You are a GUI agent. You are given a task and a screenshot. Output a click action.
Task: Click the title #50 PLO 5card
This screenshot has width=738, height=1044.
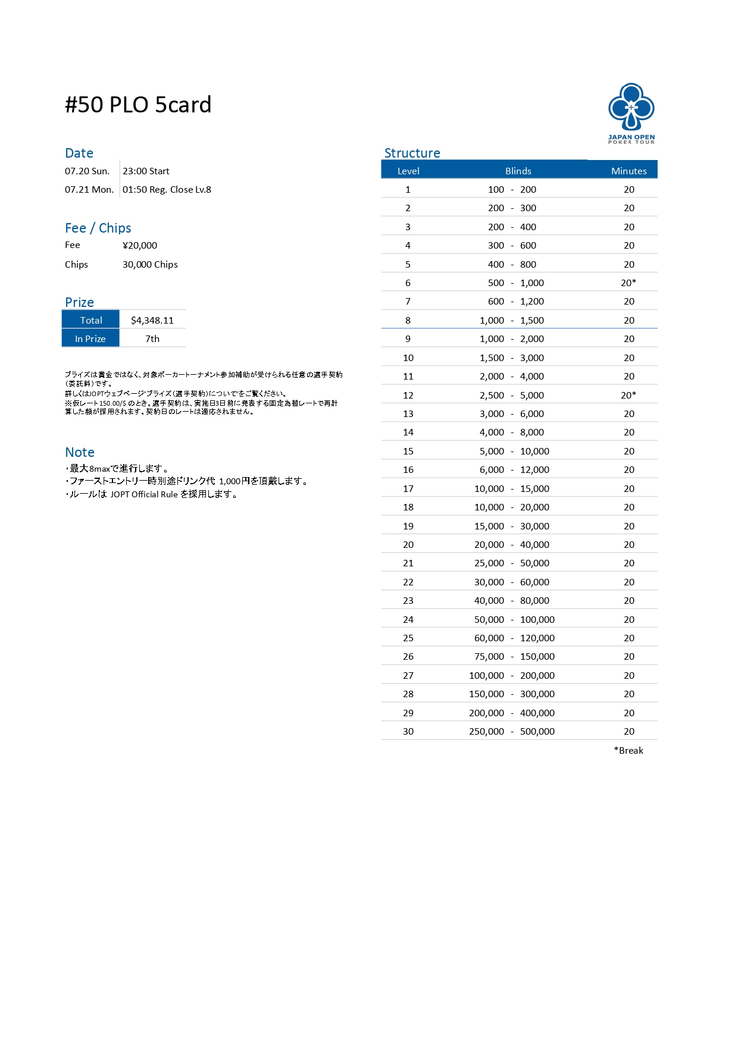(138, 105)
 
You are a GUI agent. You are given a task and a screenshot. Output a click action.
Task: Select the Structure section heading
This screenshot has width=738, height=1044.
(412, 153)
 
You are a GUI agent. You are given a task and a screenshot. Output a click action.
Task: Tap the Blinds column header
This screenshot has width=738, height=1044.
(518, 171)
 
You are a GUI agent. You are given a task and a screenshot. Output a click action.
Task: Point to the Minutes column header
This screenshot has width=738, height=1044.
(628, 171)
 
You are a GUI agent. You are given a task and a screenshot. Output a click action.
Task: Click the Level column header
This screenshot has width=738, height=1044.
(408, 171)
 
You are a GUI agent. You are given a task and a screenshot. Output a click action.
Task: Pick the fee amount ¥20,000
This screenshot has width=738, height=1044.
(140, 245)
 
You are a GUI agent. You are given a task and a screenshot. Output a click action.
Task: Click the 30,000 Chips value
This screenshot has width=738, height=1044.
(150, 264)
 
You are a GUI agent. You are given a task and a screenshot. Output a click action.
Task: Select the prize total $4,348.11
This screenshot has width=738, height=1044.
(152, 320)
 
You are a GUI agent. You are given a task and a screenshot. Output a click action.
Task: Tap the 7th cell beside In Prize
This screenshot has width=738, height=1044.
(152, 338)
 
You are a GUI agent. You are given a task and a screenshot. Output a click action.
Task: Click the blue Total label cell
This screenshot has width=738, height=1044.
(91, 320)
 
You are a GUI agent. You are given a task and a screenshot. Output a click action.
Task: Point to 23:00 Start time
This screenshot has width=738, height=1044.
(146, 171)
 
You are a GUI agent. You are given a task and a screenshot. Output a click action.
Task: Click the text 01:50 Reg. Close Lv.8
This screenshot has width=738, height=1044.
(167, 189)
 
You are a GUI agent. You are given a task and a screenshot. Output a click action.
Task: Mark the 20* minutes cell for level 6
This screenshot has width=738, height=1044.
(628, 283)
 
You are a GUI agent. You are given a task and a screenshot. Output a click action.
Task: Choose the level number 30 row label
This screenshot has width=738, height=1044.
(408, 731)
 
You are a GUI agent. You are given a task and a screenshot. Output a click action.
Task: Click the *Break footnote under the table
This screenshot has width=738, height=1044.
(628, 750)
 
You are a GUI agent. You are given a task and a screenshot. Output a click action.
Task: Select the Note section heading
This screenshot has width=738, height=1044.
(80, 452)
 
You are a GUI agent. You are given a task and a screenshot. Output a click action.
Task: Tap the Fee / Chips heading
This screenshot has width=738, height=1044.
(98, 228)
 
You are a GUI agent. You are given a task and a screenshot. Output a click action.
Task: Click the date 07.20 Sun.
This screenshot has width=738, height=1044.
(87, 171)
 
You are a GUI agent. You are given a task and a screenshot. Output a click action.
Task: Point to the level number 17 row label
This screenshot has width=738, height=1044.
(408, 488)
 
